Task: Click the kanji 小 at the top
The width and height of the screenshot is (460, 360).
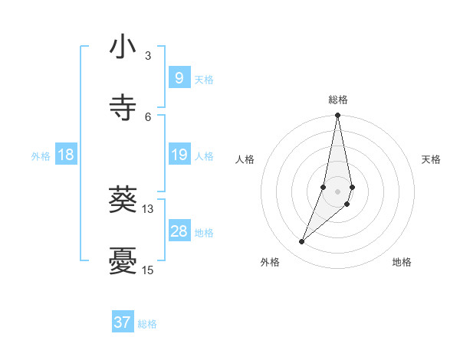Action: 123,47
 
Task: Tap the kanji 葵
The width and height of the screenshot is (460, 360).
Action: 123,201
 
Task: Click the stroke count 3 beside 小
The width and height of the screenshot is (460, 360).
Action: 148,55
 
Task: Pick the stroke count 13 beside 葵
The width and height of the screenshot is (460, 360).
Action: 148,208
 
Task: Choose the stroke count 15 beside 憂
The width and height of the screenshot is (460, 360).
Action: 148,270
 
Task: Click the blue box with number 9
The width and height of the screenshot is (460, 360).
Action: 179,78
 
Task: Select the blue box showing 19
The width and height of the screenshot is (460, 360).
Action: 179,155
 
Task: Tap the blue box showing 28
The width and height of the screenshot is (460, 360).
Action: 179,231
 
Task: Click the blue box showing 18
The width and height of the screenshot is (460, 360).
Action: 66,155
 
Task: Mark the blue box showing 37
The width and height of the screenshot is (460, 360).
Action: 123,322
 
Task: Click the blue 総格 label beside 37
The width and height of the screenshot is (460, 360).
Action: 147,324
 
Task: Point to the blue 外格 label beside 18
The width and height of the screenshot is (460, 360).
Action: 41,156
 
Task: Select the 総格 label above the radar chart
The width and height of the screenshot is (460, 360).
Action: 338,100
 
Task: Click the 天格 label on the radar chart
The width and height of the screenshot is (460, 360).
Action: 431,159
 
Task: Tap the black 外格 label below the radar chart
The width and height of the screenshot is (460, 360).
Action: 270,262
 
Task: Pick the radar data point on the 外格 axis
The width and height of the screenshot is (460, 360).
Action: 302,242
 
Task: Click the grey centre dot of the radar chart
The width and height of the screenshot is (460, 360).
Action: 338,191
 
